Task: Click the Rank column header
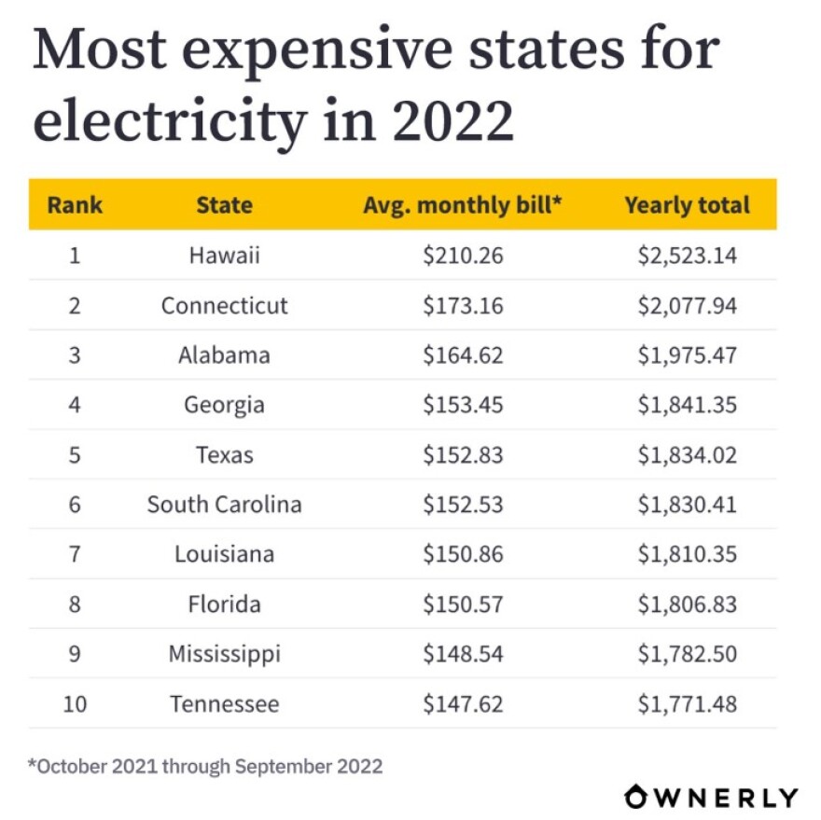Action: pos(75,205)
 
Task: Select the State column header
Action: pos(224,205)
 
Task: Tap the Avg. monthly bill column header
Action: pos(463,205)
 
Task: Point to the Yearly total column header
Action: pos(687,205)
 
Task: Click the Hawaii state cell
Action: pos(224,256)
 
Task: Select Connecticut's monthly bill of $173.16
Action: pos(463,305)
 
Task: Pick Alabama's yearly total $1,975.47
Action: pos(687,355)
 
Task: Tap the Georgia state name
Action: pos(224,405)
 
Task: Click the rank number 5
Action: pos(75,455)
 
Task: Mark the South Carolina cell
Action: pos(224,505)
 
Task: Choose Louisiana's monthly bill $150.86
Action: pos(463,554)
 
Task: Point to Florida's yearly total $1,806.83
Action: pos(687,605)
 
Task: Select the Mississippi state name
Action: pos(224,654)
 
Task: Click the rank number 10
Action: pos(75,703)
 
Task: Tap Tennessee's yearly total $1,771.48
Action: pos(687,703)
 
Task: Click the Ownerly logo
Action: pos(711,797)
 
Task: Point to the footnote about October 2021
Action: pos(205,766)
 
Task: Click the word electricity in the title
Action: pos(169,120)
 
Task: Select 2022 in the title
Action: pos(452,120)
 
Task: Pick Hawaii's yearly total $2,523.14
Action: pos(687,256)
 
